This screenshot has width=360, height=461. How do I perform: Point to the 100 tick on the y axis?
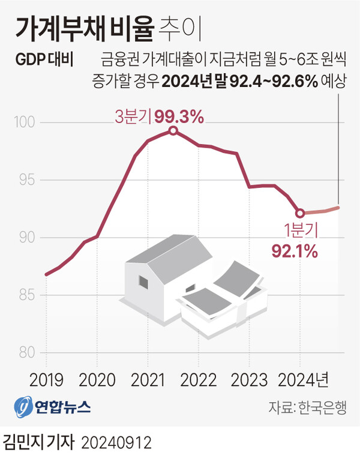tap(23, 123)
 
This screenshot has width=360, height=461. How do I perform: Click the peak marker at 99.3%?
tap(173, 131)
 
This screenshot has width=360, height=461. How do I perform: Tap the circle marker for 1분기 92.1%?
tap(300, 212)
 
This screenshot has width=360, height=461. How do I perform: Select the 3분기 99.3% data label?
tap(160, 117)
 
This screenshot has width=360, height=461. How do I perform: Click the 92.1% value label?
tap(294, 251)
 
